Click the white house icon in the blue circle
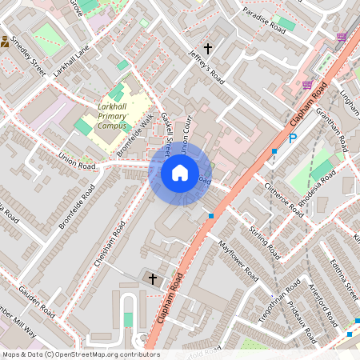pos(180,172)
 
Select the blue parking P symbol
pos(293,138)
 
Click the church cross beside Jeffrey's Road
pos(208,50)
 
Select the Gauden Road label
pos(35,299)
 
